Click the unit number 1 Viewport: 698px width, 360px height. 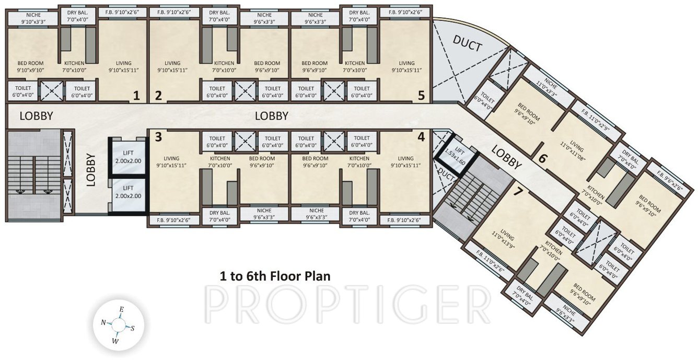[x=136, y=96]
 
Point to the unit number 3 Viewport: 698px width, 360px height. [x=158, y=137]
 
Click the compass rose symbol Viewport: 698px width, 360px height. [x=118, y=326]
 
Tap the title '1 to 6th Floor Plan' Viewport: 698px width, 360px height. [x=275, y=276]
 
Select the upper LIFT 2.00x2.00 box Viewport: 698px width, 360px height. [x=128, y=157]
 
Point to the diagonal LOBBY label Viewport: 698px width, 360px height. [x=506, y=157]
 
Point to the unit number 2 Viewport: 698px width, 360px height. [x=158, y=96]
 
